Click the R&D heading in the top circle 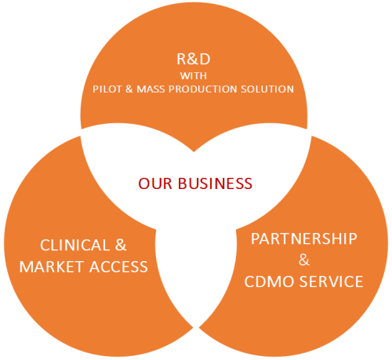point(194,59)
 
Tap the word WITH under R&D point(194,76)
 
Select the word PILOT point(107,89)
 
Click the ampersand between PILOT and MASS point(129,89)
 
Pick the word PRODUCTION point(203,89)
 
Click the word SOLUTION point(267,89)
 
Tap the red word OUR point(155,184)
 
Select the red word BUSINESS point(215,184)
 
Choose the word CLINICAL point(75,245)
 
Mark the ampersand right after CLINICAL point(121,245)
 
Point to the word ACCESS point(119,267)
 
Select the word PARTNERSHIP point(304,238)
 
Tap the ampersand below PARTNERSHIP point(304,260)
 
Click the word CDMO point(269,282)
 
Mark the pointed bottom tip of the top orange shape point(194,151)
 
